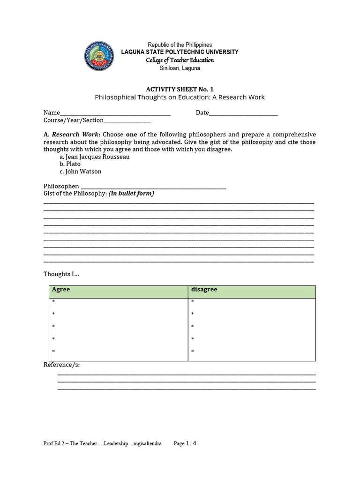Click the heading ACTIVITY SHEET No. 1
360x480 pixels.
180,89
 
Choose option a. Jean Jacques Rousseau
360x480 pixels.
94,157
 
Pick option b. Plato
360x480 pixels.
70,164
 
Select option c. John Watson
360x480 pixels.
80,172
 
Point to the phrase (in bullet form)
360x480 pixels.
131,193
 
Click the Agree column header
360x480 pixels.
61,290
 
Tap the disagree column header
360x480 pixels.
204,290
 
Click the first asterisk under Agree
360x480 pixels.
53,301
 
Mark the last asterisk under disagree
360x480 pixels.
193,351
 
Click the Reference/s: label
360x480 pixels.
61,365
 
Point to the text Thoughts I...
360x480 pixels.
61,274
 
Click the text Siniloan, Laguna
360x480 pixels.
180,68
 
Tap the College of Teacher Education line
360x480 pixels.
180,60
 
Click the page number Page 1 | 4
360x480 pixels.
185,443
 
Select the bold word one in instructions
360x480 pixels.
131,134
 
